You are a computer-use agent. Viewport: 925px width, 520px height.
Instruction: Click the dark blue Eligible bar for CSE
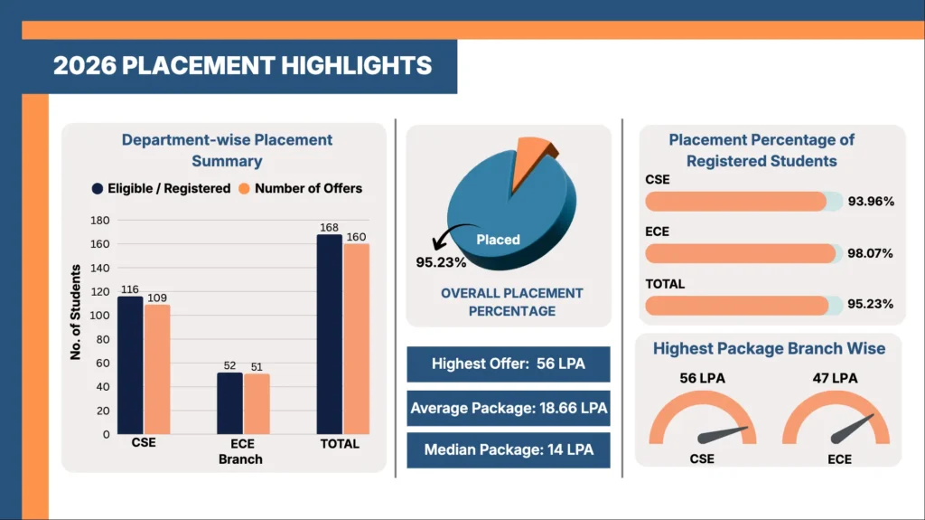click(x=130, y=365)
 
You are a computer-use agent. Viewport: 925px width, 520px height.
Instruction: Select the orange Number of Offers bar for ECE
click(x=257, y=404)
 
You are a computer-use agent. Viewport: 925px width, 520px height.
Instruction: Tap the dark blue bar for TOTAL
click(x=329, y=335)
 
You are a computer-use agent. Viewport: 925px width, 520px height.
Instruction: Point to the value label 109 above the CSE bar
click(x=157, y=298)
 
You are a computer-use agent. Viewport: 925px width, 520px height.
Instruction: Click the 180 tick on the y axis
click(x=99, y=221)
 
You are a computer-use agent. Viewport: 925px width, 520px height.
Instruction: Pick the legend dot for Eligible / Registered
click(x=98, y=188)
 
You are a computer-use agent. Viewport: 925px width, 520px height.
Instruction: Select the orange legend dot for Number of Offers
click(x=244, y=188)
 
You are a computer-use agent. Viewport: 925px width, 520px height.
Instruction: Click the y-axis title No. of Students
click(x=76, y=312)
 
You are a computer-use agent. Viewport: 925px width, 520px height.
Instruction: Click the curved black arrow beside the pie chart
click(x=451, y=232)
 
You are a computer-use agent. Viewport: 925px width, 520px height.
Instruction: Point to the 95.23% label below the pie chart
click(x=441, y=262)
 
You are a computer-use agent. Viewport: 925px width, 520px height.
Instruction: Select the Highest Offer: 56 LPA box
click(x=509, y=364)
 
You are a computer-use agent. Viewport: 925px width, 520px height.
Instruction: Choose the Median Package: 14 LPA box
click(x=509, y=450)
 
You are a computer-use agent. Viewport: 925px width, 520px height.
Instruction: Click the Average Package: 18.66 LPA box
click(x=509, y=409)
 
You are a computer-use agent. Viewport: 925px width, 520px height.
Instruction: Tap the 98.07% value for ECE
click(x=870, y=253)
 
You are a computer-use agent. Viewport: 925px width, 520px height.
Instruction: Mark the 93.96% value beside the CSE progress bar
click(x=871, y=202)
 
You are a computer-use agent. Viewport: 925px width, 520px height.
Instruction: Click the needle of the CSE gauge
click(x=723, y=435)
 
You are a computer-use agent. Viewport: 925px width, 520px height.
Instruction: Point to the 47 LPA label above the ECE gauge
click(x=835, y=378)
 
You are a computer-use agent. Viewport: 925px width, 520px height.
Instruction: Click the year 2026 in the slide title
click(x=85, y=66)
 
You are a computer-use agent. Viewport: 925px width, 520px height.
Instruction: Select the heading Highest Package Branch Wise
click(x=769, y=349)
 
